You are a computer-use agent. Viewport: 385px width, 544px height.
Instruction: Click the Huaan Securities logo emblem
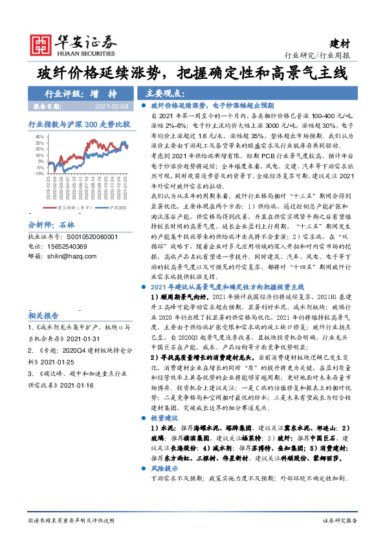tap(43, 45)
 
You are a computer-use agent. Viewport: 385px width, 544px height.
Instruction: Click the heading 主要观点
tap(164, 92)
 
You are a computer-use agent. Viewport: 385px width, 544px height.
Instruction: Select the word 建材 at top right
tap(341, 43)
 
